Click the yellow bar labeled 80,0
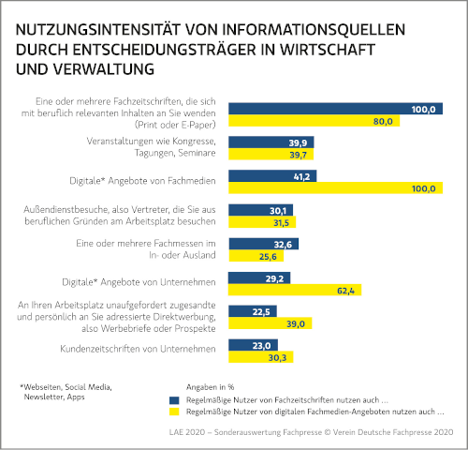tap(314, 121)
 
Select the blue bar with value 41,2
tap(272, 176)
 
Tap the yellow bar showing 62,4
tap(295, 290)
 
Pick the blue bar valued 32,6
tap(264, 244)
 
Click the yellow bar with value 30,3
tap(261, 357)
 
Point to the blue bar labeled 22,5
tap(253, 311)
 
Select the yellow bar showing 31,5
tap(262, 222)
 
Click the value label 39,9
tap(298, 142)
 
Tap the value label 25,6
tap(268, 257)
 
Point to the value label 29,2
tap(274, 278)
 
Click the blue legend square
tap(174, 400)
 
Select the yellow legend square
tap(174, 412)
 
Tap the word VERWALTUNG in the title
tap(103, 69)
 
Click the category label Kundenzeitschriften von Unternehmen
tap(138, 349)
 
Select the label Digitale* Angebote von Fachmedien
tap(142, 181)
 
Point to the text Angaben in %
tap(210, 387)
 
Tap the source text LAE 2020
tap(187, 432)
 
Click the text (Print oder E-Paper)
tap(175, 125)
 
